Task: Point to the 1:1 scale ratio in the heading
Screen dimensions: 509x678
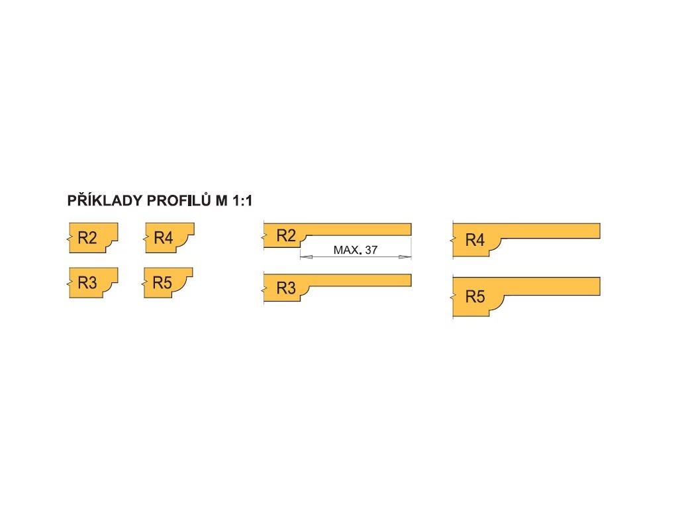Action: tap(242, 200)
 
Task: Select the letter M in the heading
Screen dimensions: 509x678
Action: tap(221, 200)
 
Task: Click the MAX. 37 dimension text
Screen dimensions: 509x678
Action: tap(356, 251)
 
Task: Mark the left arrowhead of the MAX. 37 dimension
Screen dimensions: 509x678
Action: tap(304, 256)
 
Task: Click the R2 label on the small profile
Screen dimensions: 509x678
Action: tap(87, 238)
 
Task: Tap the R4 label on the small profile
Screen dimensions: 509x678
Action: tap(163, 238)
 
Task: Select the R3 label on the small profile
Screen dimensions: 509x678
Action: tap(87, 283)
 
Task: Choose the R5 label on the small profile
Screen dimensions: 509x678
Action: tap(162, 283)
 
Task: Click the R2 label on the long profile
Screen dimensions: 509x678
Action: tap(285, 235)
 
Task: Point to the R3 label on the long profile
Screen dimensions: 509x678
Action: tap(285, 288)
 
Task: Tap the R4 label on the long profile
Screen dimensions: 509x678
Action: tap(475, 240)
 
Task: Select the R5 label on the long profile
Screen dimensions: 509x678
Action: tap(475, 296)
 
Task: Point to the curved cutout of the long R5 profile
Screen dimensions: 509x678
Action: tap(501, 304)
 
